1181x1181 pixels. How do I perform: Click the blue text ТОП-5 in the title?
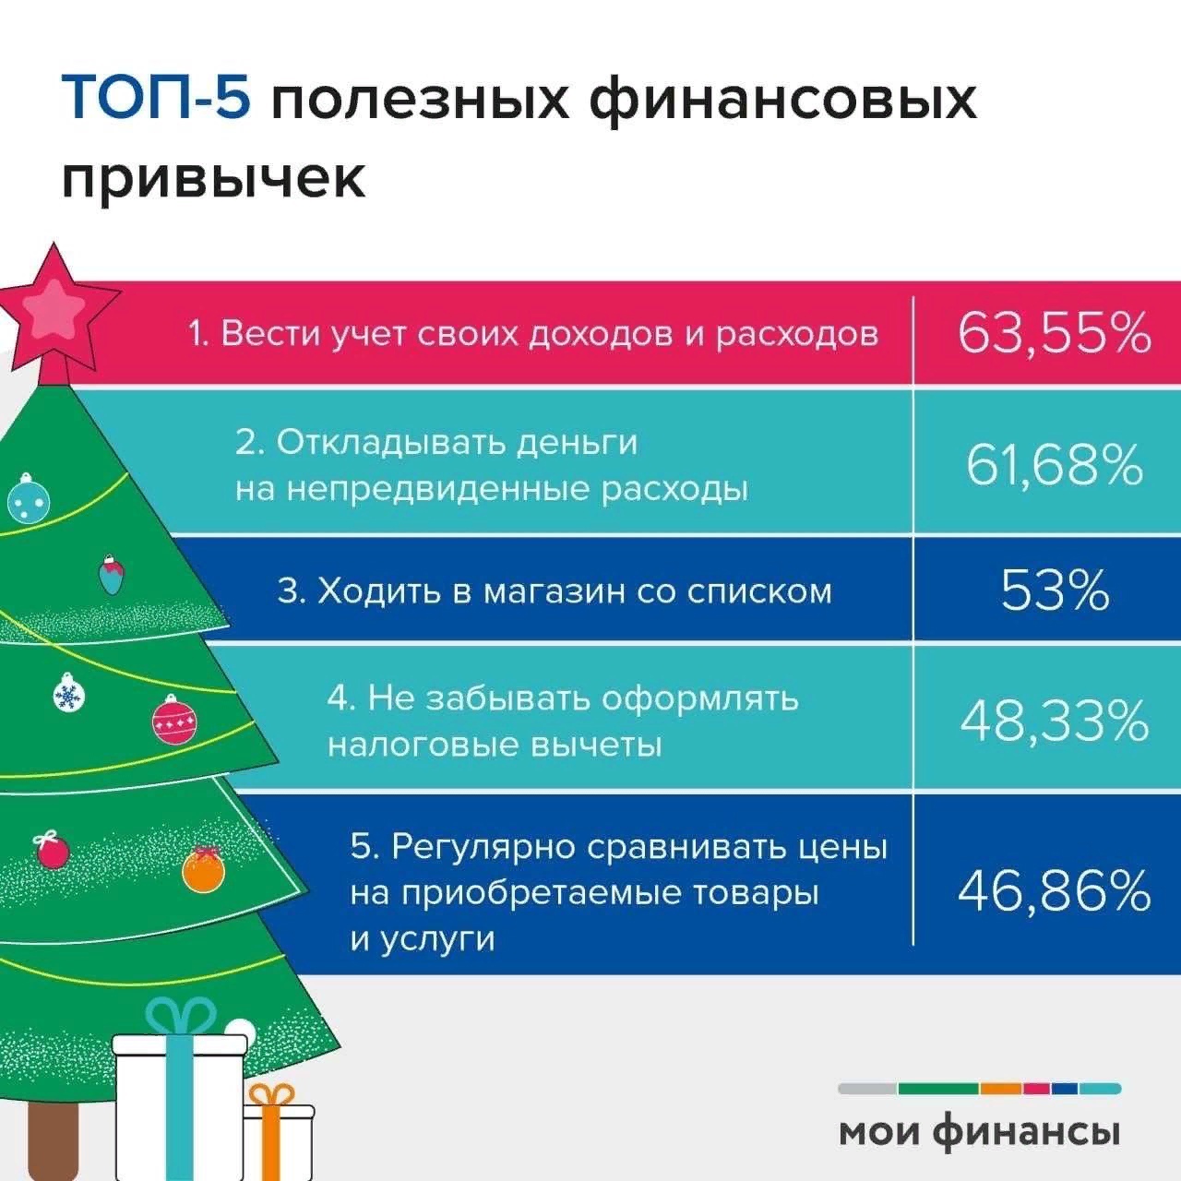point(156,100)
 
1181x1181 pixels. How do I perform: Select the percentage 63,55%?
point(1054,333)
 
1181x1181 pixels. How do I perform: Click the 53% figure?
point(1054,590)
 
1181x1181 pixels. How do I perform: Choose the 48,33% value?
point(1054,721)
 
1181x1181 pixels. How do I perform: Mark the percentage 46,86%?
point(1054,890)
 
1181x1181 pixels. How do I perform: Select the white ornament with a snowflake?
point(67,694)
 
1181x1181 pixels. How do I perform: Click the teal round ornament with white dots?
point(28,501)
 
